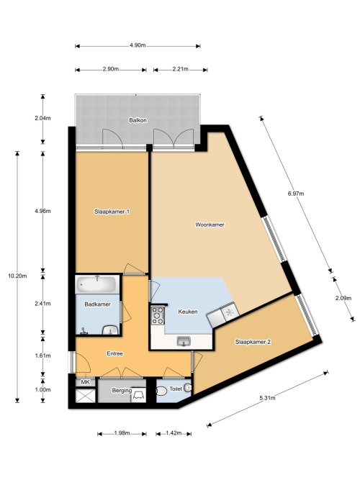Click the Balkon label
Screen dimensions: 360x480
[x=138, y=120]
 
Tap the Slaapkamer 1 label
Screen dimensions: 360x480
[x=112, y=212]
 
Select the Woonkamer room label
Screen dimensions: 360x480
[x=210, y=225]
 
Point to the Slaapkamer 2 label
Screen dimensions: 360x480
[x=253, y=342]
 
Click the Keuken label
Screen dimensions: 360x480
[x=188, y=312]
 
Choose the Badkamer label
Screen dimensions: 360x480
[x=98, y=304]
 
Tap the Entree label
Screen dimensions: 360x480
[x=115, y=353]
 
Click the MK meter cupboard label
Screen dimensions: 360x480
[x=86, y=382]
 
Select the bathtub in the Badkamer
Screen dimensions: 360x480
[x=96, y=284]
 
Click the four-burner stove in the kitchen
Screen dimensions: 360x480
[x=158, y=316]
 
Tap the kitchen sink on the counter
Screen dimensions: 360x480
[x=184, y=341]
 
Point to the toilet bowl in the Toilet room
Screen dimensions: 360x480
[x=161, y=391]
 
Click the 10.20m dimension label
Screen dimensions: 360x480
[x=17, y=276]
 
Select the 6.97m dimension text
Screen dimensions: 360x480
[x=296, y=194]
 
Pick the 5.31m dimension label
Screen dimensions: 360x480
[x=267, y=398]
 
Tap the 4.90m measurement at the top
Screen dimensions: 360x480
[x=138, y=45]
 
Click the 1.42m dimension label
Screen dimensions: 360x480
[x=174, y=433]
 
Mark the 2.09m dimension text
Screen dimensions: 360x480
[x=343, y=298]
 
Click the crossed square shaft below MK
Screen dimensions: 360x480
[x=85, y=396]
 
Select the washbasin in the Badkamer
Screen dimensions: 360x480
[x=110, y=330]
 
